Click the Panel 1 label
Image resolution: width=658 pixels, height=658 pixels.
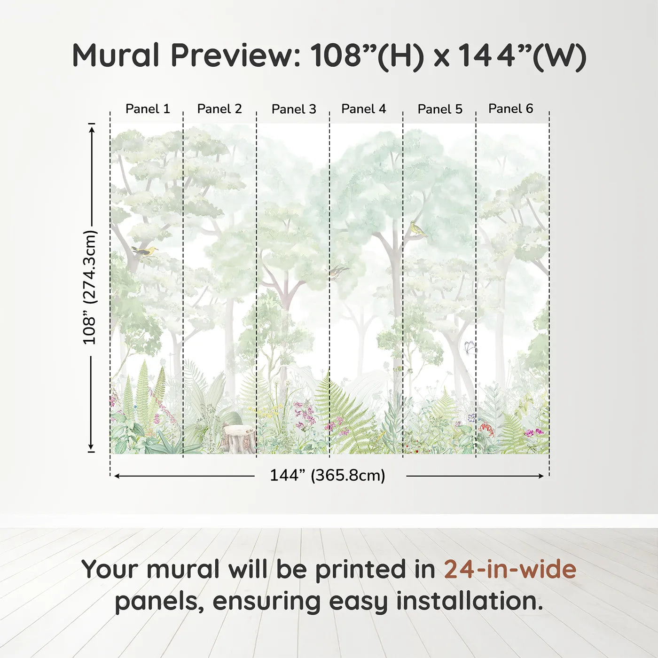click(147, 109)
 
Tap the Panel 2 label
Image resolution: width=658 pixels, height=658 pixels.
click(219, 109)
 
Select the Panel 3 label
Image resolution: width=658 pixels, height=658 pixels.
click(294, 110)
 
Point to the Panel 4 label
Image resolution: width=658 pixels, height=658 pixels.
click(363, 109)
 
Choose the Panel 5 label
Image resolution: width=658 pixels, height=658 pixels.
click(440, 110)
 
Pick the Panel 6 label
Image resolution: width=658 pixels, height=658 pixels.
click(510, 109)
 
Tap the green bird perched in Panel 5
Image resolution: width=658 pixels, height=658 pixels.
click(416, 229)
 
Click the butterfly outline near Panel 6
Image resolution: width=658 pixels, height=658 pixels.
click(470, 348)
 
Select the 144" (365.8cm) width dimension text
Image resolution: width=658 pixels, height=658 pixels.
click(327, 476)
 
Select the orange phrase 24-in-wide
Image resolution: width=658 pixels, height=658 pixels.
click(510, 570)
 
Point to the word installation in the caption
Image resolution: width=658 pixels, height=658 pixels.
click(469, 601)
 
